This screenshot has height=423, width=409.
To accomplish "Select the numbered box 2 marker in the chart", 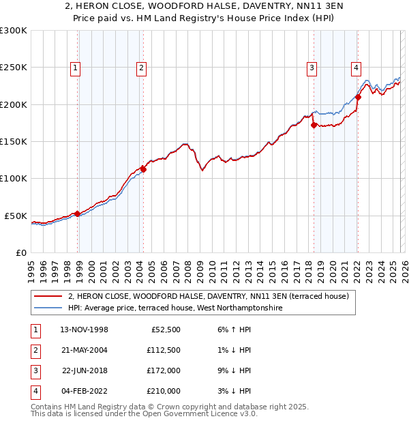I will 141,68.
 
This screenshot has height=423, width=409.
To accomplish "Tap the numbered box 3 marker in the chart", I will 312,68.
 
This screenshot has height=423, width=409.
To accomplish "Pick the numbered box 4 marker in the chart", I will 356,68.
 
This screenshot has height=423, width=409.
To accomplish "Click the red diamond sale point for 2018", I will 314,125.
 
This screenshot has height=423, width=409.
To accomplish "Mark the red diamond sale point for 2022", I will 358,97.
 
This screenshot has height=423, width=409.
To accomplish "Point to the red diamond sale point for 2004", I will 144,169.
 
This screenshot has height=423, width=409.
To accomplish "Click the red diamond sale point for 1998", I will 77,214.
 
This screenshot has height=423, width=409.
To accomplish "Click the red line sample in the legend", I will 48,296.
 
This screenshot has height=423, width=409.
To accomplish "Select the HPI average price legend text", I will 175,308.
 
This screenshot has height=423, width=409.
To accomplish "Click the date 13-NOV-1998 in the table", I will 85,330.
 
